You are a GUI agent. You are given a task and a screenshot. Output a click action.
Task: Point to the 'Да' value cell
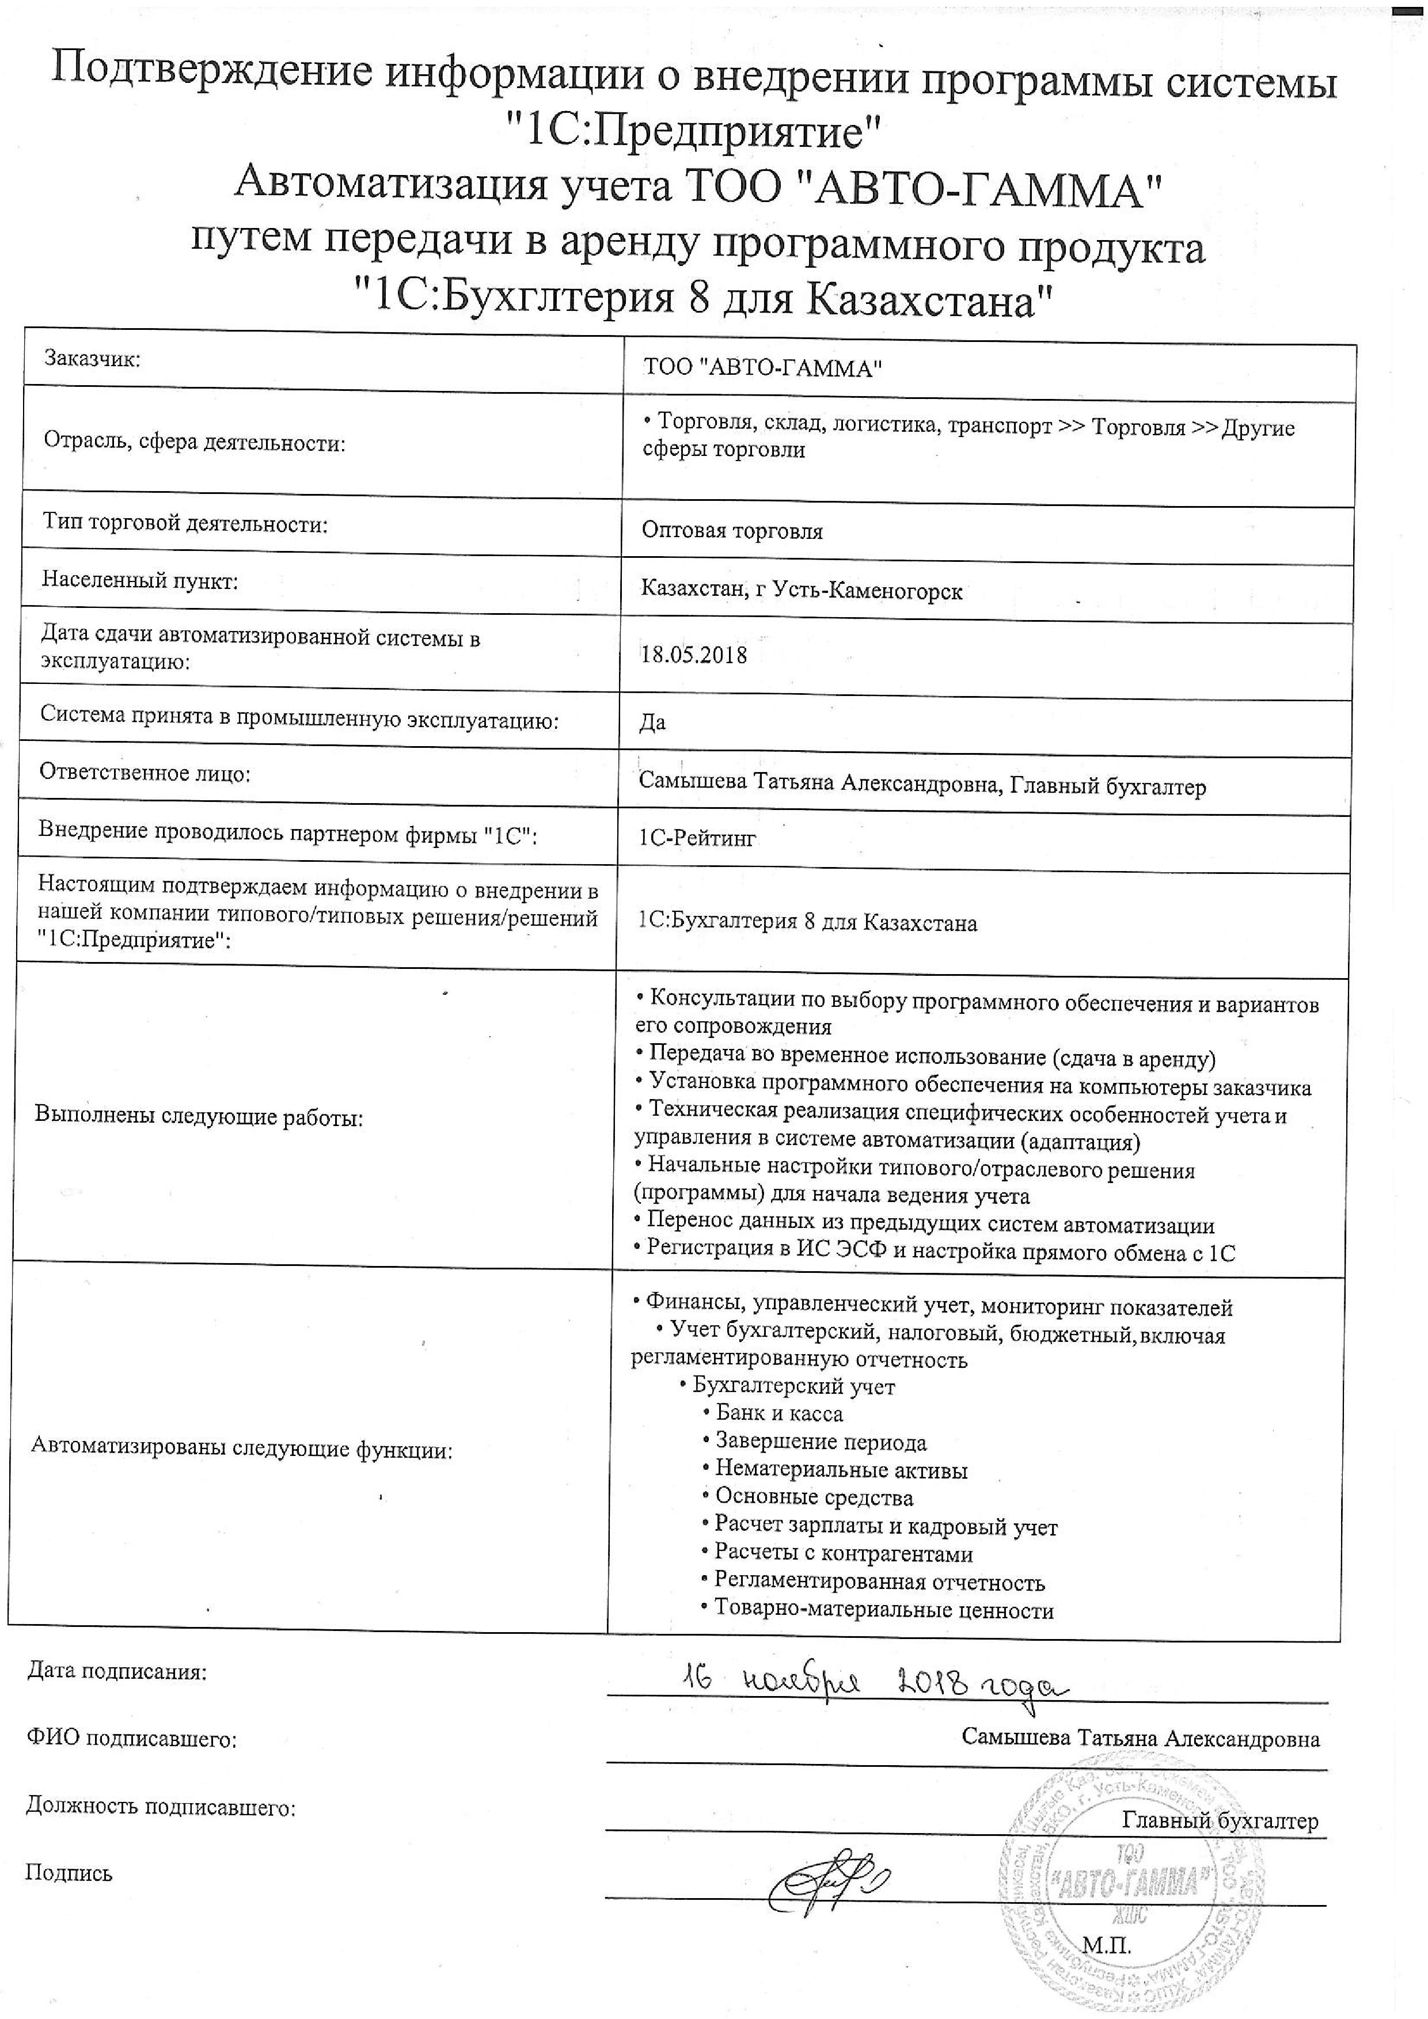(652, 723)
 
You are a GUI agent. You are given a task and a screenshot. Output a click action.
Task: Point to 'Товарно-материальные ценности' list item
(883, 1610)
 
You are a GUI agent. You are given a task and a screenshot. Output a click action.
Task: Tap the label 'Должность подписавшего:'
(161, 1808)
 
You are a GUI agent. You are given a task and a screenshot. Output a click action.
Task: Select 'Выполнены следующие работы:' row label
(199, 1117)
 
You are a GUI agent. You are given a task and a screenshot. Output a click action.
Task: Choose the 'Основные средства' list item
(814, 1497)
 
